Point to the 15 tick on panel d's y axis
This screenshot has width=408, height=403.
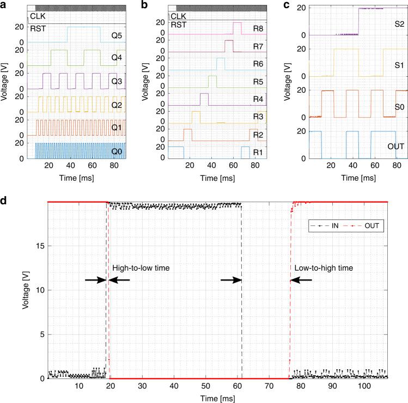pos(38,246)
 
